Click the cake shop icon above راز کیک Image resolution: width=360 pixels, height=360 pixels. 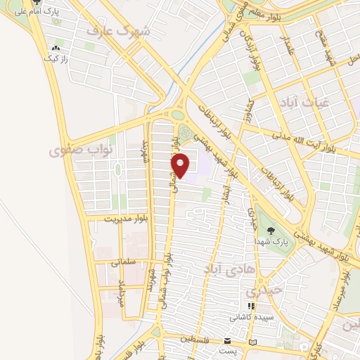(54, 48)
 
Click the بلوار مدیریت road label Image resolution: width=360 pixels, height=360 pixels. (110, 219)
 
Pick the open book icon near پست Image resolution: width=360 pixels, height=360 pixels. (254, 342)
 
